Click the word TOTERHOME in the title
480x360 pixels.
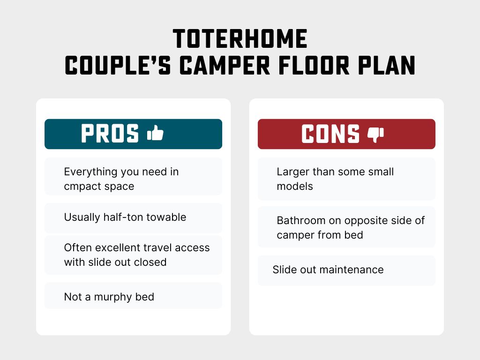click(240, 39)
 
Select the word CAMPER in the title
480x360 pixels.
click(225, 65)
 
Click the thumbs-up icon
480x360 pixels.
click(155, 133)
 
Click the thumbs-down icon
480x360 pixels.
click(375, 135)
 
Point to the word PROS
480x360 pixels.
click(110, 134)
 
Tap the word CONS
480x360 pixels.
click(330, 134)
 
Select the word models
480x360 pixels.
click(295, 186)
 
